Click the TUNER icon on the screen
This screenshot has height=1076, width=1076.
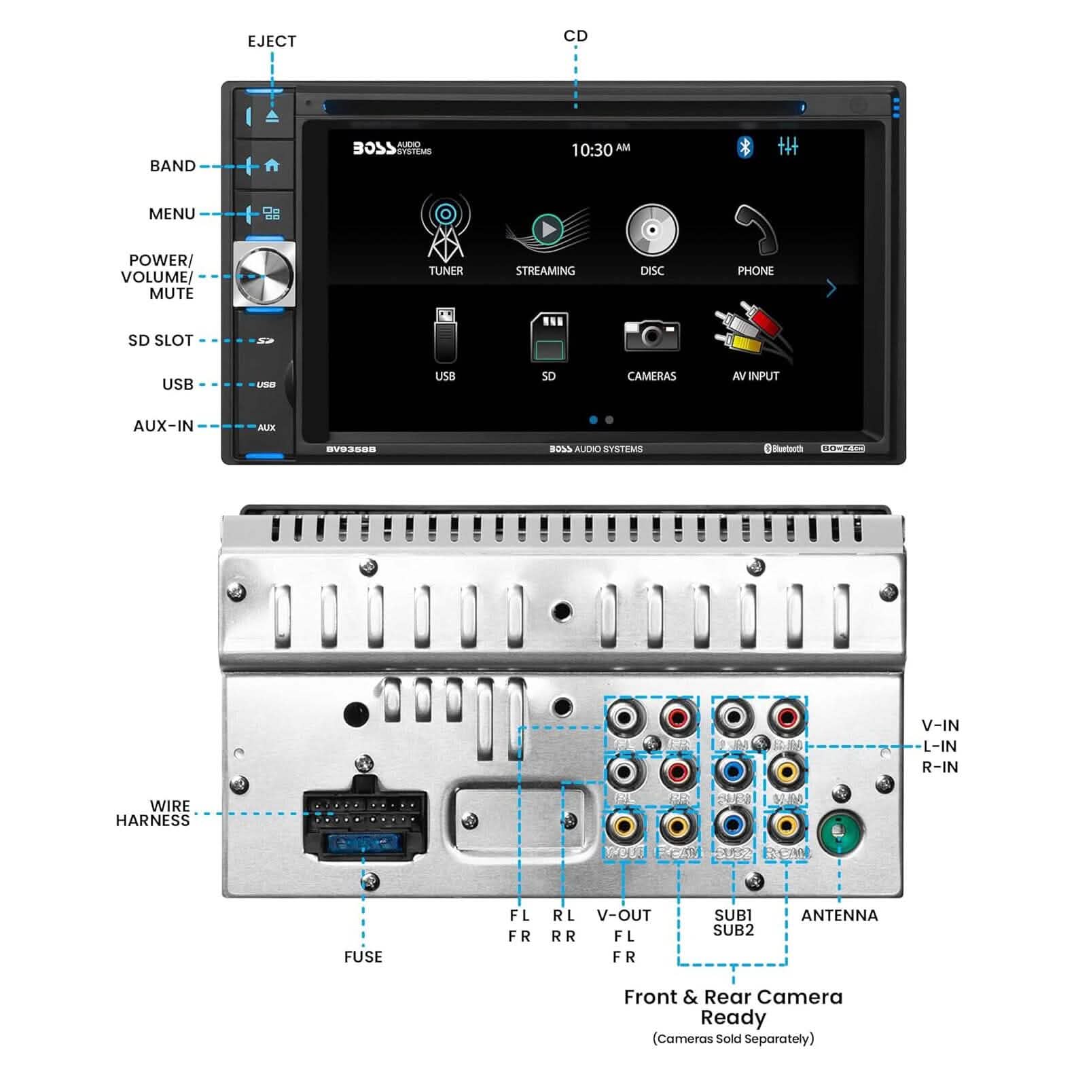point(445,228)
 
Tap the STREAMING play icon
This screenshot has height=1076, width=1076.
point(547,230)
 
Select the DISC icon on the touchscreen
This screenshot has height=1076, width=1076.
point(651,230)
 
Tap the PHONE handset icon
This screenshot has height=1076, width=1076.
point(755,229)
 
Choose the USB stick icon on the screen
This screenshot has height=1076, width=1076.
point(445,336)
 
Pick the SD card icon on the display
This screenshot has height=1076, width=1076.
point(549,336)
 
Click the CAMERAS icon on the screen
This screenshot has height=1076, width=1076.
point(651,336)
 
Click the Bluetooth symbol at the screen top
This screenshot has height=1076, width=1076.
point(745,147)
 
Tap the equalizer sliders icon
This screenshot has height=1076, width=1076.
point(788,146)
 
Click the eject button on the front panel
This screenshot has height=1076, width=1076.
point(272,115)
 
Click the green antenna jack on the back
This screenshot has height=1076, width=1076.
point(840,832)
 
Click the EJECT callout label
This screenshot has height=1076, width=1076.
point(272,41)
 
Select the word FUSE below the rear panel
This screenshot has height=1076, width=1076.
point(363,956)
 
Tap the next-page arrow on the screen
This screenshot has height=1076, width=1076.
point(831,289)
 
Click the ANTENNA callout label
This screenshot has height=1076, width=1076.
point(839,915)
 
